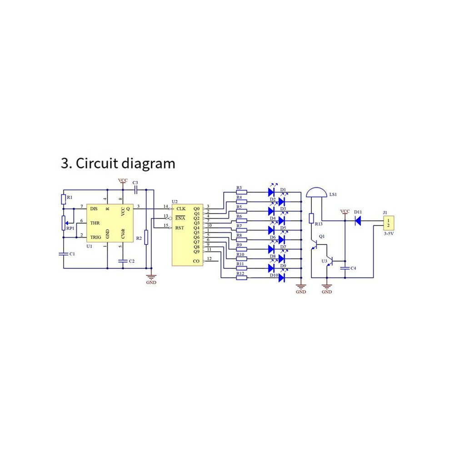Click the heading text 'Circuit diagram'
coord(125,164)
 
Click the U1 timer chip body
coord(110,223)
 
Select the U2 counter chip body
coord(187,235)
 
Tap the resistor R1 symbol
coord(64,199)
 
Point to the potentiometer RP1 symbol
coord(64,223)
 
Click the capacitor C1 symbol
coord(64,254)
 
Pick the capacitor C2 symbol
coord(123,261)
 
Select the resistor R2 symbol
coord(146,237)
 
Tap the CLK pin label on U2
coord(181,209)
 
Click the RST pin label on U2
coord(180,228)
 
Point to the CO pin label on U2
coord(196,261)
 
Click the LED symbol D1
coord(271,192)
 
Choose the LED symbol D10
coord(281,277)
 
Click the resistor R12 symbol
coord(241,278)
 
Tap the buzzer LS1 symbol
coord(316,192)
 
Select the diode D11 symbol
coord(358,221)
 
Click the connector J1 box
coord(389,223)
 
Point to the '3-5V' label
coord(389,234)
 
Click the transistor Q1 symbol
coord(315,245)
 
